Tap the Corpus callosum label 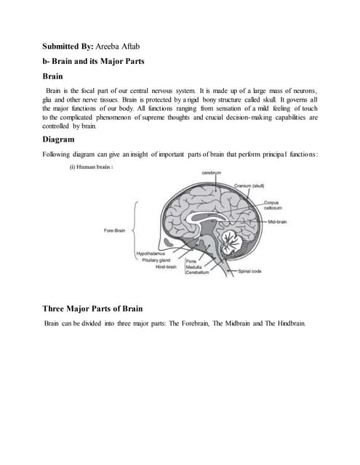tap(273, 206)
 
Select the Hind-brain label tap(166, 267)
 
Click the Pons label tap(192, 261)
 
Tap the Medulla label tap(195, 267)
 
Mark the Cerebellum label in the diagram tap(198, 272)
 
